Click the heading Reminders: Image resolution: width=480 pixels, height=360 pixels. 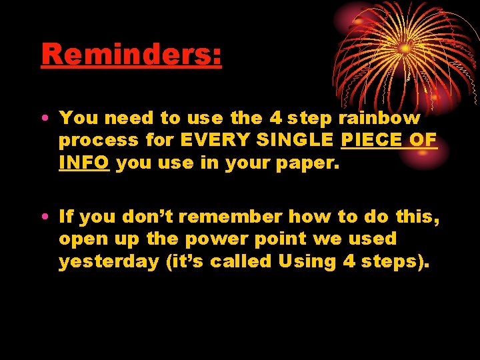[x=131, y=55]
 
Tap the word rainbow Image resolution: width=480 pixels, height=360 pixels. [x=380, y=119]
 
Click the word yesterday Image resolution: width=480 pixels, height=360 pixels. [x=109, y=261]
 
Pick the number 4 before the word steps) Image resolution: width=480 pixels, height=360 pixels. [x=349, y=261]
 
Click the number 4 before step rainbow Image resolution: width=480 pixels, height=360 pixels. [x=276, y=119]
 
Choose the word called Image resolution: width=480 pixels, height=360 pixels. [x=241, y=261]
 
